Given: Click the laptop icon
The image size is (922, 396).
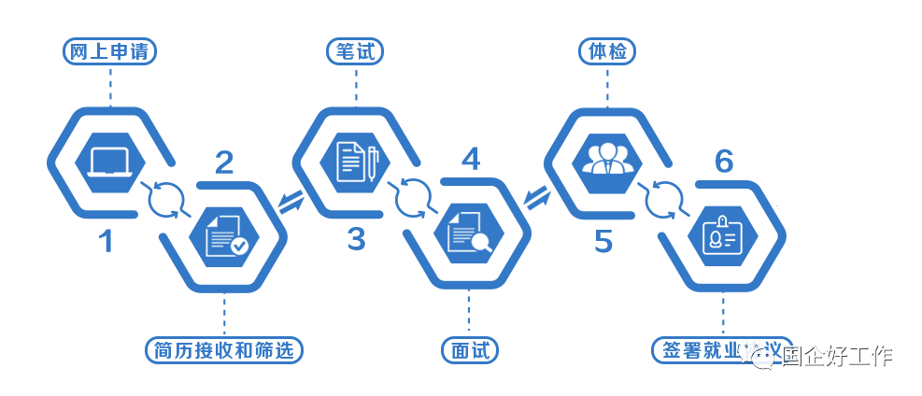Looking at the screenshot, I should [x=108, y=163].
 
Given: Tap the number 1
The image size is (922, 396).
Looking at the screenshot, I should [x=106, y=242].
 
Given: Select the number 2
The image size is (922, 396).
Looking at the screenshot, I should [x=224, y=163].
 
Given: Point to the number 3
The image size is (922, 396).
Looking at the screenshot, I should [x=356, y=240].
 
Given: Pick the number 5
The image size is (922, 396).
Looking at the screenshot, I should [x=603, y=242].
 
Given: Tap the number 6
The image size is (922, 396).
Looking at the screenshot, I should [x=723, y=162].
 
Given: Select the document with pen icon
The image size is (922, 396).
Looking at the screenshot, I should [x=355, y=162].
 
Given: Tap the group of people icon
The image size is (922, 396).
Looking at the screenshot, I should [x=607, y=159].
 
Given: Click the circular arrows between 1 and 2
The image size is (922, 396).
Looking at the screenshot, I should [x=165, y=199].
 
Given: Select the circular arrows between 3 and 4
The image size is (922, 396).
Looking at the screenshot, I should [x=413, y=197].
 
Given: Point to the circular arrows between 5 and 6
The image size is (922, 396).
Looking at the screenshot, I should [x=664, y=197].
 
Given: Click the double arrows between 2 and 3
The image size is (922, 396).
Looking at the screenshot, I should [x=291, y=200].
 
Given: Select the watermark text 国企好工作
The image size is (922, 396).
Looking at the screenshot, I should [x=837, y=356].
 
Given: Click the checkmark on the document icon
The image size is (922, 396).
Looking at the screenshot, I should [x=240, y=245].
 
